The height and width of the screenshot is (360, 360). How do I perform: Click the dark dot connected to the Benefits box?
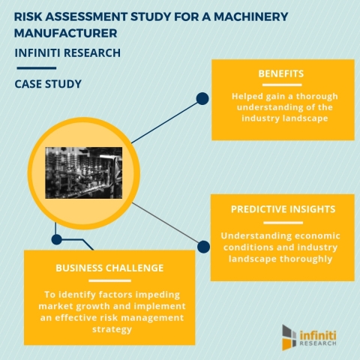[201, 98]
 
